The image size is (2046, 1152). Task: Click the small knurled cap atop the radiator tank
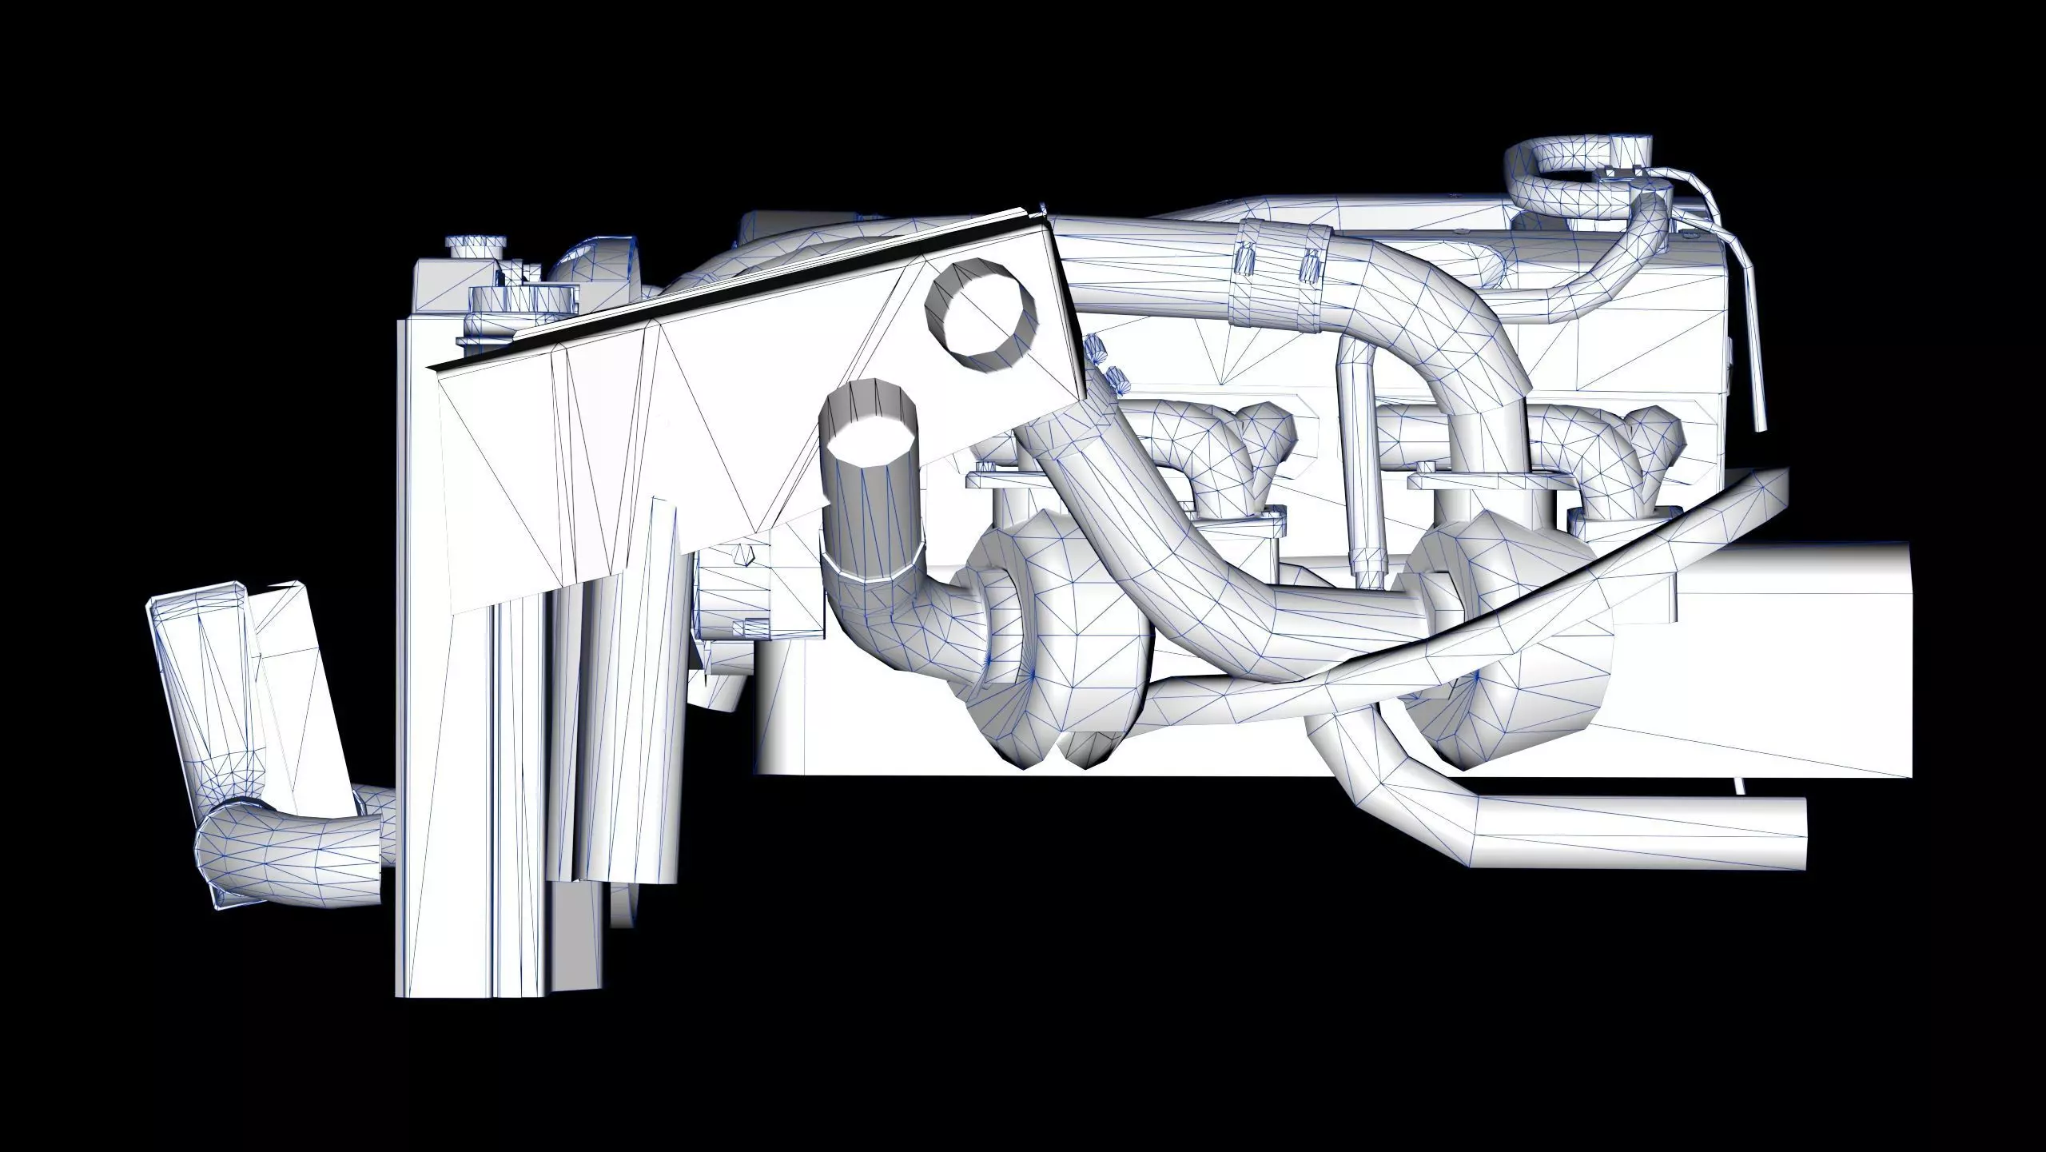(475, 245)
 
